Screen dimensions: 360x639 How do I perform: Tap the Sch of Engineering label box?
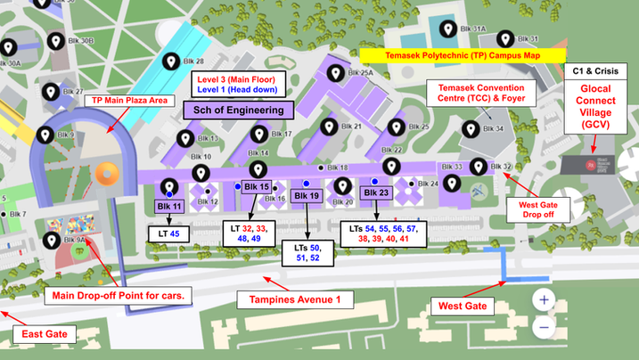coord(238,110)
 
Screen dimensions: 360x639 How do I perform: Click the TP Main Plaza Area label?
coord(129,101)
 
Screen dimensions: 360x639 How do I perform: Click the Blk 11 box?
coord(169,206)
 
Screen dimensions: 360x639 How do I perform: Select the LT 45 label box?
coord(168,233)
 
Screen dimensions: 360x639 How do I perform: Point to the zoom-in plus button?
coord(544,299)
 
